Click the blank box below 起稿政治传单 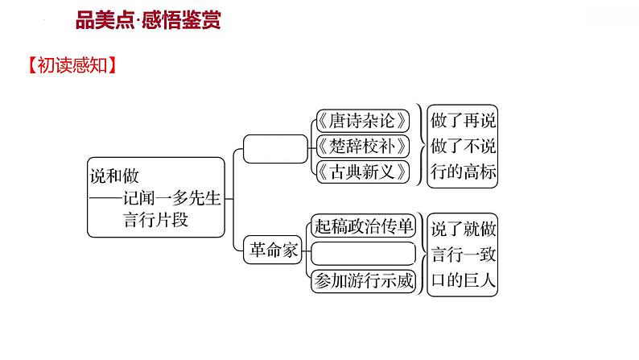(363, 254)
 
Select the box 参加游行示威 (363, 280)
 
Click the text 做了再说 (464, 121)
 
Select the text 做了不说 (464, 147)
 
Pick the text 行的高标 (464, 172)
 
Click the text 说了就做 (464, 228)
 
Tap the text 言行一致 (464, 254)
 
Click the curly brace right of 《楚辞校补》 (420, 146)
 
